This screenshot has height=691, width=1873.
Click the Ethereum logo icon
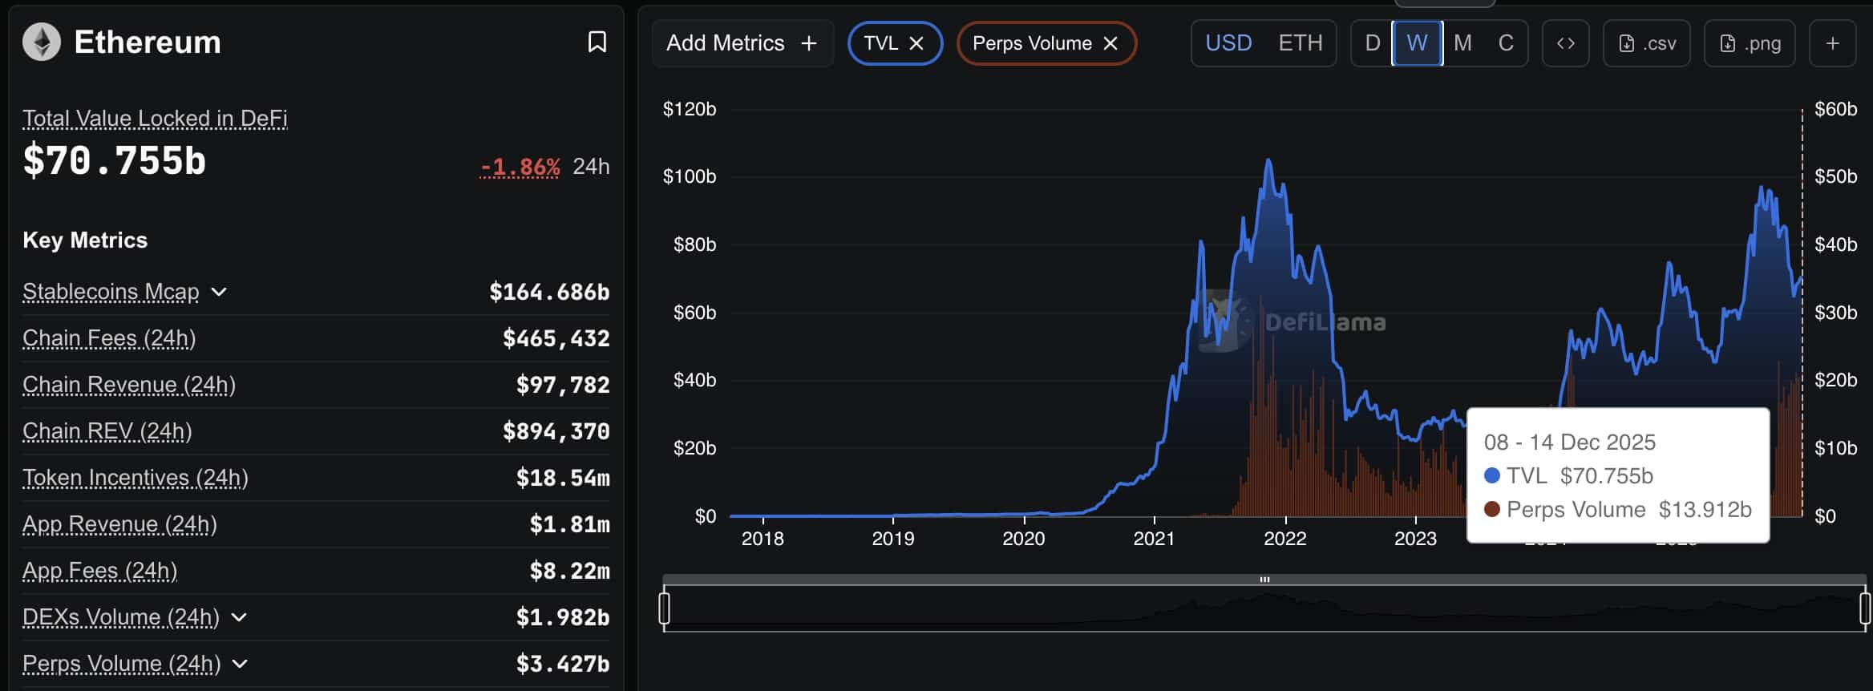[41, 42]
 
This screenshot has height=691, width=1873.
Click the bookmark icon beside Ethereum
[597, 42]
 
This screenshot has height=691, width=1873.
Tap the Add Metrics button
[742, 43]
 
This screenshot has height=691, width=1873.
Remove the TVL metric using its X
[916, 43]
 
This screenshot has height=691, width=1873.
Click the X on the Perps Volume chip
[1110, 43]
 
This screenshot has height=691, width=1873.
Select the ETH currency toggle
[1300, 43]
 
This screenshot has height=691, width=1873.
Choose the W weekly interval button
[1417, 43]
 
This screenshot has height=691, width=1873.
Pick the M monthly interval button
[1462, 43]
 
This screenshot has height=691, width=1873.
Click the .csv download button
[1646, 43]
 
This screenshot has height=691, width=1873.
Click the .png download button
[1750, 43]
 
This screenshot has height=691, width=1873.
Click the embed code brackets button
[1565, 43]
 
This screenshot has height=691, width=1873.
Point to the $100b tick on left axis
[689, 176]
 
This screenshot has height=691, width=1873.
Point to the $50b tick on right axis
[1835, 176]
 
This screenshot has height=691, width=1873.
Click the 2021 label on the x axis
[1154, 539]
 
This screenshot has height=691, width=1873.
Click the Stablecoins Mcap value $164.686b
[549, 292]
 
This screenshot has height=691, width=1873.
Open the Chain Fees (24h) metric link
[109, 338]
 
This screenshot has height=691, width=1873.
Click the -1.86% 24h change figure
[520, 167]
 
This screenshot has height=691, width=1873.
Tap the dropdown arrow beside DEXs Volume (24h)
[239, 617]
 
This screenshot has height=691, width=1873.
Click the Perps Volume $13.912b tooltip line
[1618, 510]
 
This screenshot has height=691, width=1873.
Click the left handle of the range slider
[664, 608]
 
